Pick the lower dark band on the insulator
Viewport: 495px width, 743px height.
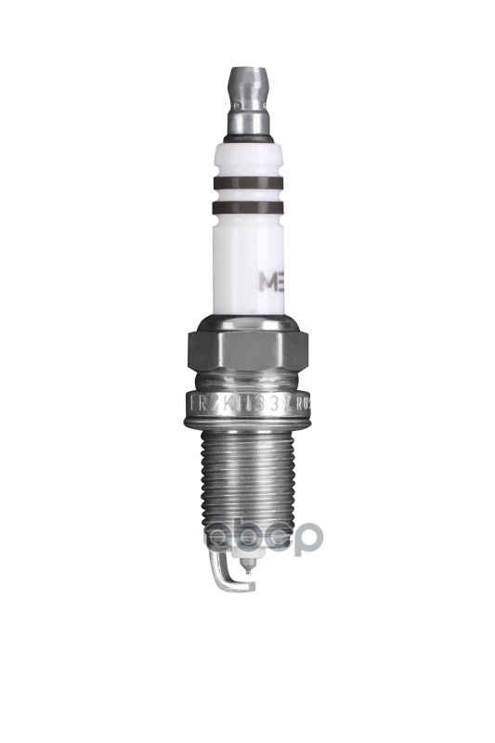247,209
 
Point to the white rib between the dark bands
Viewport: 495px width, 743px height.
247,196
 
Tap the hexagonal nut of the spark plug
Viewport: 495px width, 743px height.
247,350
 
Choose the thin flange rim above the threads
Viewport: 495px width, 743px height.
247,423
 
